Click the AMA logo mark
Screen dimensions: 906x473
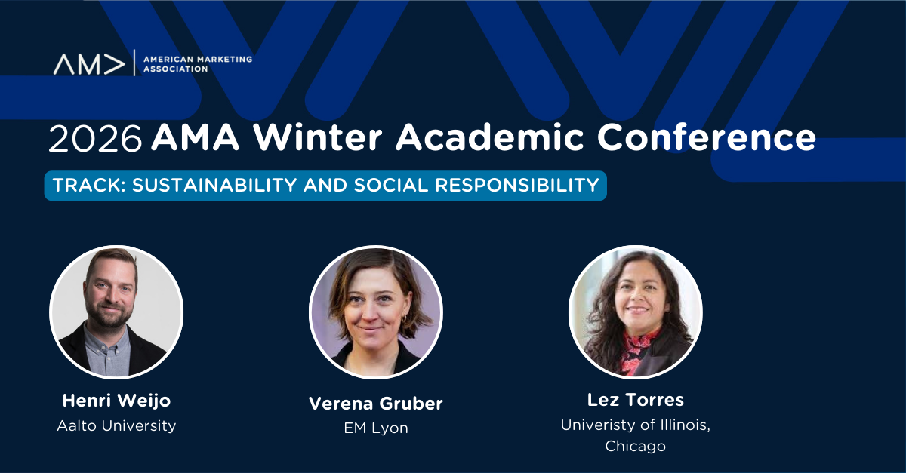tap(89, 64)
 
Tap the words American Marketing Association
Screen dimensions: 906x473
tap(198, 64)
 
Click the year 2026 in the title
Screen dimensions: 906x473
tap(95, 139)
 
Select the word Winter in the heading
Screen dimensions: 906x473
tap(317, 137)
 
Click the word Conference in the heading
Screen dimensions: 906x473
tap(706, 137)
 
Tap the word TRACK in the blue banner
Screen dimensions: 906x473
tap(88, 185)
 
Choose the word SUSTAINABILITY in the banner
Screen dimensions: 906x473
tap(214, 185)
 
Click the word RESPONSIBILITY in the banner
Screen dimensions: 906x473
tap(517, 185)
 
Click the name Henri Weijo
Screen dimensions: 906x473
tap(116, 401)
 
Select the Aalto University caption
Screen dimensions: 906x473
tap(116, 425)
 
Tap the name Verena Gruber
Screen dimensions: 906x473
tap(376, 404)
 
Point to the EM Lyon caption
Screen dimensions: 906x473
tap(376, 428)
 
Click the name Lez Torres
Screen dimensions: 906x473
tap(636, 400)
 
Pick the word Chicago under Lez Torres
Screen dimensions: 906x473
tap(636, 446)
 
